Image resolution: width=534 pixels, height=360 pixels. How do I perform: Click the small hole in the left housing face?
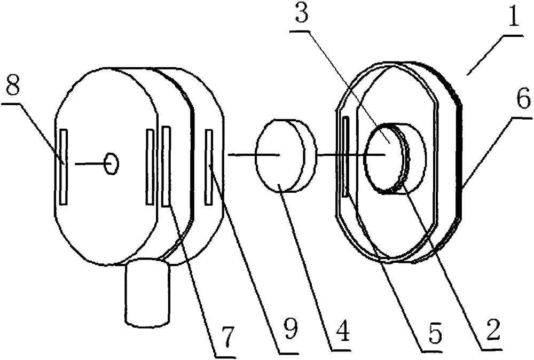click(x=112, y=163)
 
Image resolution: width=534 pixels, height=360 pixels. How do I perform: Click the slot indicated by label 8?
click(x=64, y=167)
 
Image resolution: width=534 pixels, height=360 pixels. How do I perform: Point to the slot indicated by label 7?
click(x=167, y=166)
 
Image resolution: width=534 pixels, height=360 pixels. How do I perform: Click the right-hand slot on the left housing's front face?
click(x=150, y=167)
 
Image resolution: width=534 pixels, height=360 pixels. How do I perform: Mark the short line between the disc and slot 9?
click(x=243, y=155)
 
